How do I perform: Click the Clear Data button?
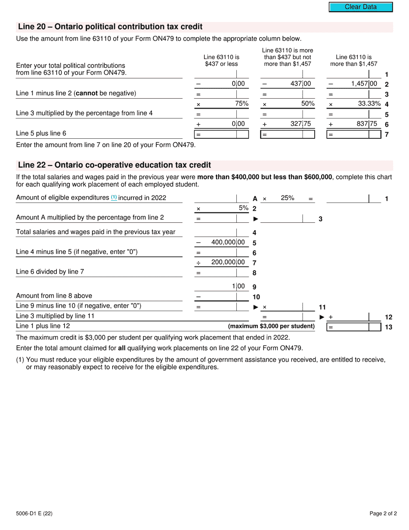(361, 7)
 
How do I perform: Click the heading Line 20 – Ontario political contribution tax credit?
(110, 27)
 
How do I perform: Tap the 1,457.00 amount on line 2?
(364, 84)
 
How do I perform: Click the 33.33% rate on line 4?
(369, 104)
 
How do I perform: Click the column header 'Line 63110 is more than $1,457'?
(353, 60)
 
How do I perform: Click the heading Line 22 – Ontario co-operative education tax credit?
(115, 165)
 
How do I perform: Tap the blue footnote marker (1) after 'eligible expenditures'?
(114, 197)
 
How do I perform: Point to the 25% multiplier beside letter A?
(287, 198)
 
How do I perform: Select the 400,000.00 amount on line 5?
(228, 242)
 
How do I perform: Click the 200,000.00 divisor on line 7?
(228, 262)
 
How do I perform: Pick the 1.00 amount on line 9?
(238, 286)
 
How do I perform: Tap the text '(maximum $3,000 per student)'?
(271, 326)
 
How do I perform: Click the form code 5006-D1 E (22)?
(34, 513)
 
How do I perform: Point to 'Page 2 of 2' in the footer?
(383, 513)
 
